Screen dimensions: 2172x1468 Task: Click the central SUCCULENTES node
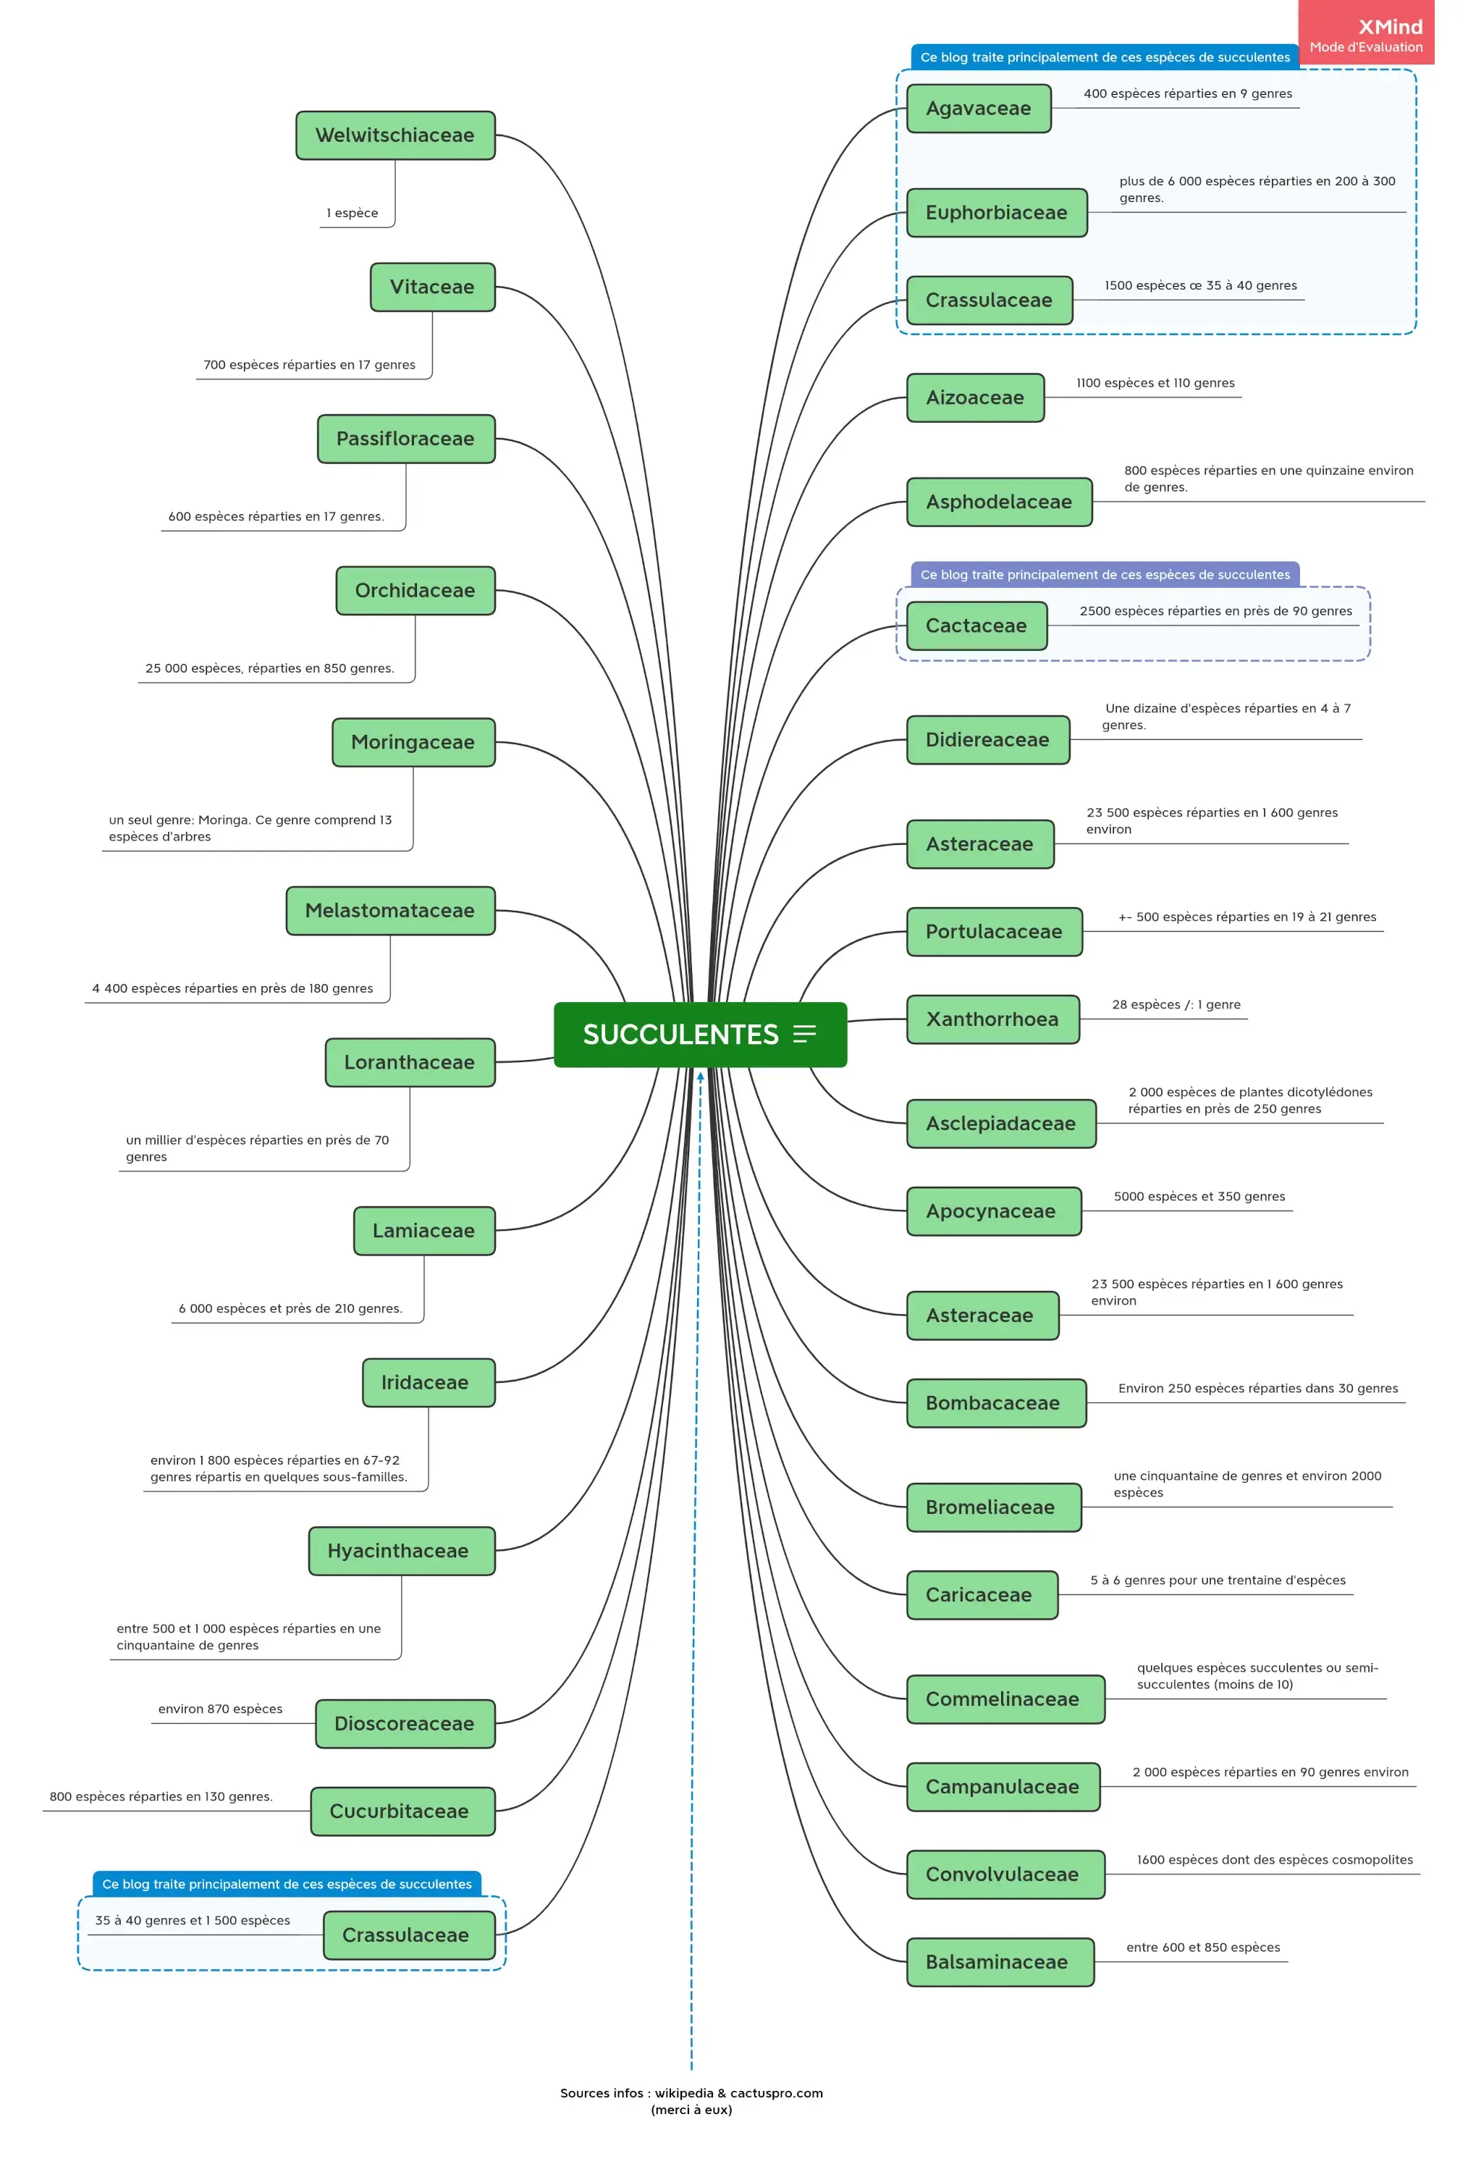(680, 1035)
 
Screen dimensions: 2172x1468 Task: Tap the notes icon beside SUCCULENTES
(804, 1034)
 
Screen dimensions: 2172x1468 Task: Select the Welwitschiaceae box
(395, 135)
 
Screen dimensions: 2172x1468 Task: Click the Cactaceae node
(976, 626)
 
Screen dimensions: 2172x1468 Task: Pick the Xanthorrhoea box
(992, 1019)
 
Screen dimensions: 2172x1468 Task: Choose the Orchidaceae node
(415, 591)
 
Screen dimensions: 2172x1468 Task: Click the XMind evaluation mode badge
(1365, 35)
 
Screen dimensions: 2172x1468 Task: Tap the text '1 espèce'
(353, 213)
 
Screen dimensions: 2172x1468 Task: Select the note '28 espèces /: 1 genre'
(1176, 1005)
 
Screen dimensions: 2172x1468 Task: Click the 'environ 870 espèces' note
(221, 1709)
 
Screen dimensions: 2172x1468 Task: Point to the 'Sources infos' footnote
(691, 2101)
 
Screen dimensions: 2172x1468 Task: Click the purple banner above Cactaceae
(1105, 575)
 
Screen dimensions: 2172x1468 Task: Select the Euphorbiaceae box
(996, 213)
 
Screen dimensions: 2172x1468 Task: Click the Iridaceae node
(425, 1382)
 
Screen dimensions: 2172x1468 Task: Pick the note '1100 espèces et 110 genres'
(1155, 383)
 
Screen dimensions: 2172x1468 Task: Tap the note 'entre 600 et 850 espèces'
(1202, 1948)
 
